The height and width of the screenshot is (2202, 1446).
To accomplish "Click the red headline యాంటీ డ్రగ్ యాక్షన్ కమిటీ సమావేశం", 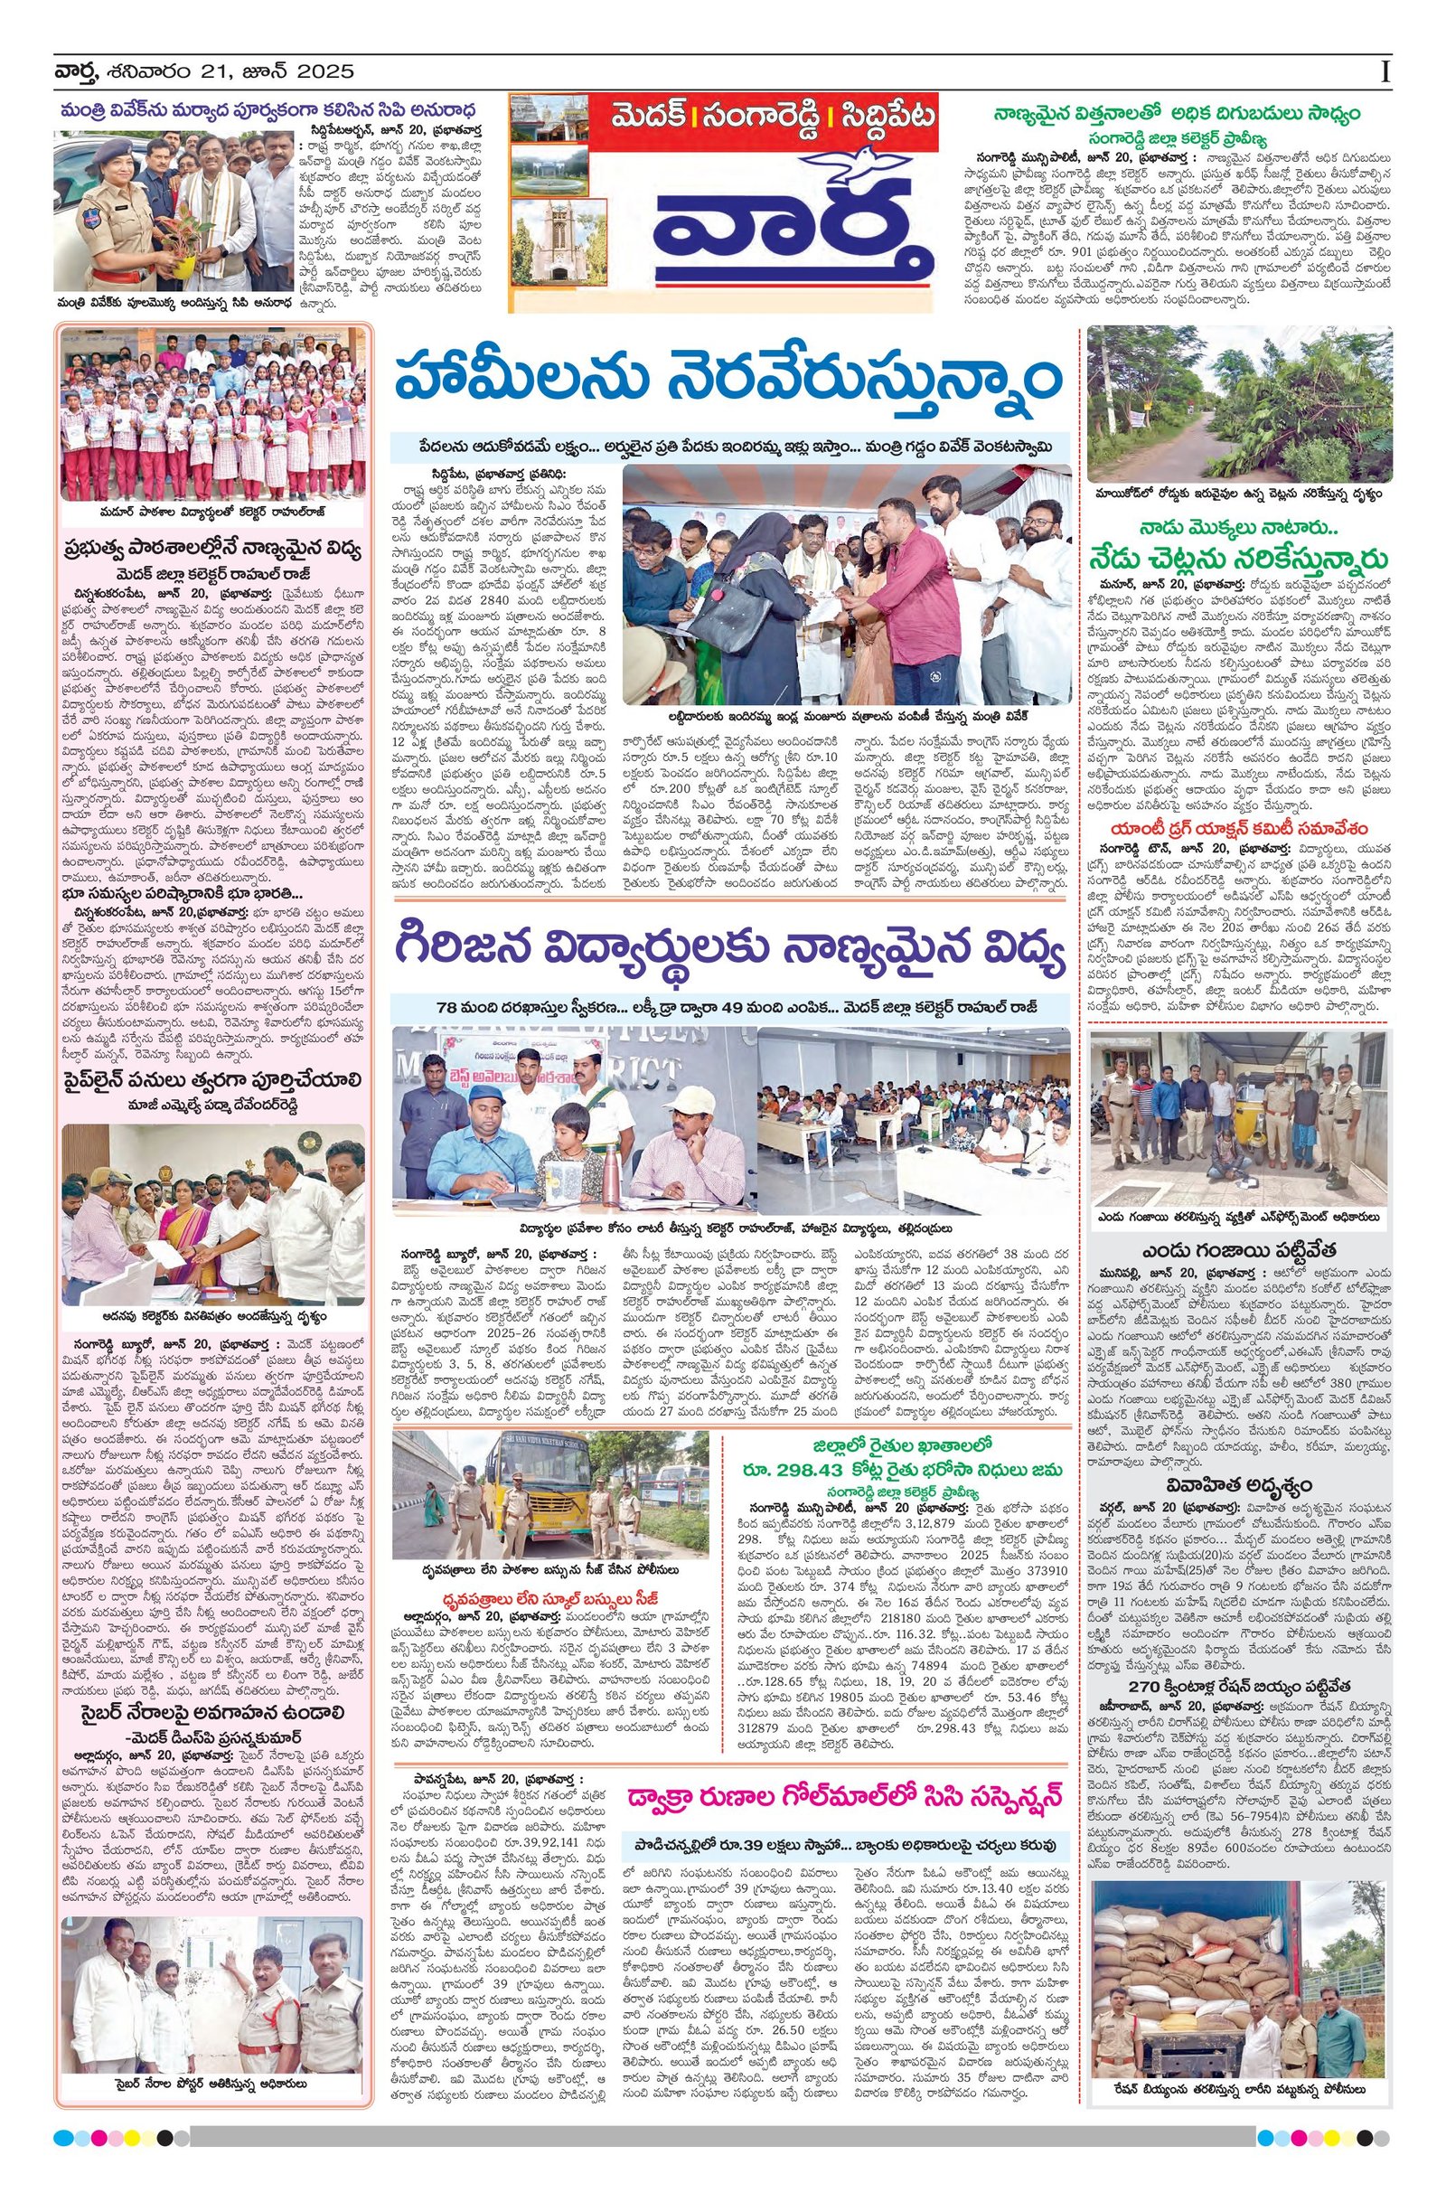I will pyautogui.click(x=1240, y=829).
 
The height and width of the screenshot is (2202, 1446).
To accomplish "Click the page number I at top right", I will pyautogui.click(x=1384, y=71).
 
